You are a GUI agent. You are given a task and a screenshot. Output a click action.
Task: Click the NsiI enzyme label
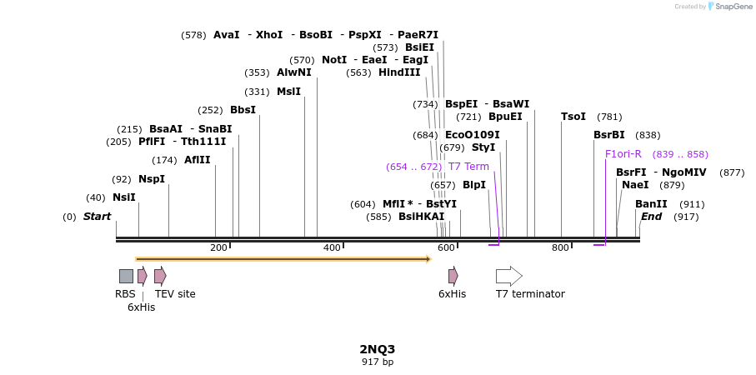pyautogui.click(x=123, y=197)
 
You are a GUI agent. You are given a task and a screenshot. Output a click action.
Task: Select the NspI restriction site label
pyautogui.click(x=152, y=179)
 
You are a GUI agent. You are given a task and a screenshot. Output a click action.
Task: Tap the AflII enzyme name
pyautogui.click(x=198, y=160)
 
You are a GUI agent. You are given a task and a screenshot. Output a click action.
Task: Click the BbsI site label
pyautogui.click(x=243, y=110)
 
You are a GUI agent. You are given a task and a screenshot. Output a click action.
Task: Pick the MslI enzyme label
pyautogui.click(x=288, y=92)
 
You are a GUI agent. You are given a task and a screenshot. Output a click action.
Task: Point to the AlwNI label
pyautogui.click(x=293, y=72)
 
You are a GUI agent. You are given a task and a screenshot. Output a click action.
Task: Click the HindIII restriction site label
pyautogui.click(x=399, y=72)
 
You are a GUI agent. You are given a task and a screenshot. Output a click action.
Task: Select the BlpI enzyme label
pyautogui.click(x=474, y=185)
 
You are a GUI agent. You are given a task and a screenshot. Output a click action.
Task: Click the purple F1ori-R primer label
pyautogui.click(x=623, y=154)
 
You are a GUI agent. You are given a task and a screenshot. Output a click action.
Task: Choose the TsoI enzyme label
pyautogui.click(x=573, y=117)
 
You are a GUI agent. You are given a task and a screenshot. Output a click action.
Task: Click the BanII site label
pyautogui.click(x=651, y=204)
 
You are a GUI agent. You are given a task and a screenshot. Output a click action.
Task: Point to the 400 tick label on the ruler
pyautogui.click(x=332, y=247)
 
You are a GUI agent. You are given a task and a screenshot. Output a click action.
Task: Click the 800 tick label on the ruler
pyautogui.click(x=560, y=247)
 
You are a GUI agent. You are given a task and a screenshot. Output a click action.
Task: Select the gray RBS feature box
pyautogui.click(x=126, y=276)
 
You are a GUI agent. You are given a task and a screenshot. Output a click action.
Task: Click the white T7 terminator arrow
pyautogui.click(x=508, y=276)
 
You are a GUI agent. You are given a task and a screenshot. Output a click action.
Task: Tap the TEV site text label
pyautogui.click(x=175, y=294)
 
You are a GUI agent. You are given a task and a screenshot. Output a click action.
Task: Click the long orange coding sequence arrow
pyautogui.click(x=283, y=259)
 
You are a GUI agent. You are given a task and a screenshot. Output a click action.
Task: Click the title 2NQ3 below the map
pyautogui.click(x=378, y=349)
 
